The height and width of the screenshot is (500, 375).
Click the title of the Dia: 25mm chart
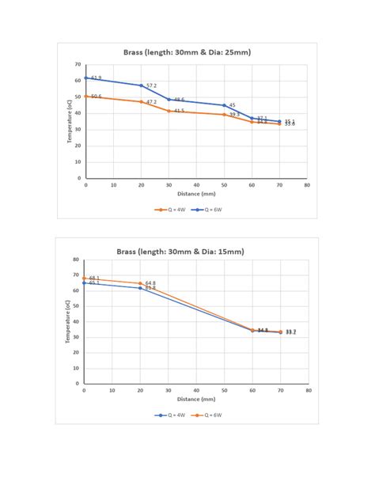click(187, 52)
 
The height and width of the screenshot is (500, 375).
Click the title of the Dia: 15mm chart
click(180, 251)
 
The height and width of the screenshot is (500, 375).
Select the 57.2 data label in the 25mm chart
click(151, 85)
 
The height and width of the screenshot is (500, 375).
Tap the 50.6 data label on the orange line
click(96, 97)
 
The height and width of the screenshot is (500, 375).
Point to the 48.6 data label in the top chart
click(179, 100)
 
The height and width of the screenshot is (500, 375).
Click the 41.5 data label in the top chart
click(179, 111)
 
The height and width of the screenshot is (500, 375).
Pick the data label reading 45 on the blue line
click(232, 104)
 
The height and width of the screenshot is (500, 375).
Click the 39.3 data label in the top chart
click(234, 115)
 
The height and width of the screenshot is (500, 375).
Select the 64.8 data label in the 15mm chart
click(150, 282)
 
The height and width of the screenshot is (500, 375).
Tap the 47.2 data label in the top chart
click(151, 102)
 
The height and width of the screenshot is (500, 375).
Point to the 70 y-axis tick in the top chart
click(78, 64)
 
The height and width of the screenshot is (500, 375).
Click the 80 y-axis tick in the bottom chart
click(76, 259)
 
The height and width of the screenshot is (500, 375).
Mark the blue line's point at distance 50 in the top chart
click(224, 105)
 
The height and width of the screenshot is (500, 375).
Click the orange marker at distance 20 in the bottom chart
click(140, 283)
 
